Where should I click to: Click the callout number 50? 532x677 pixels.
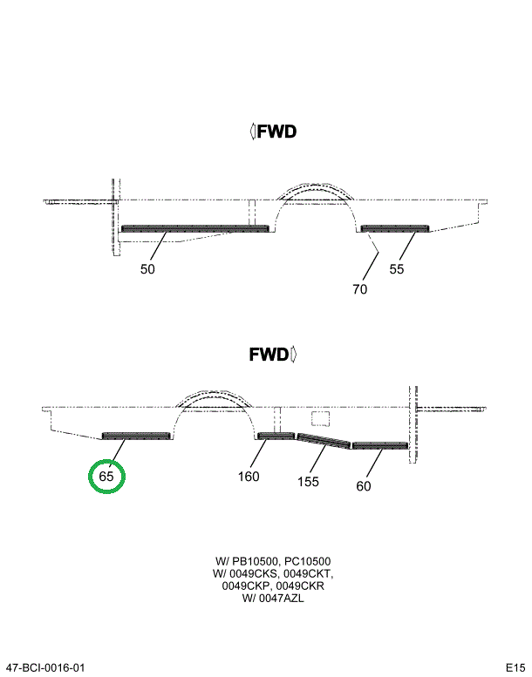148,269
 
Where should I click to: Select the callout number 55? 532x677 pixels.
397,269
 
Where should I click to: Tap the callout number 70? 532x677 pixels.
360,289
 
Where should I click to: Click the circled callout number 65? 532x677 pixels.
106,477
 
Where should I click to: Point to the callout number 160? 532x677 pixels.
249,477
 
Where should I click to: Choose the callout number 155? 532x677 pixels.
308,481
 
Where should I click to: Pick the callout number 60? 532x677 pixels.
364,486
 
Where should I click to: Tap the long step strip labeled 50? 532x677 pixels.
194,229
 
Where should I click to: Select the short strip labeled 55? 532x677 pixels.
395,229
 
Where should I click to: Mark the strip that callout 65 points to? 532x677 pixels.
136,436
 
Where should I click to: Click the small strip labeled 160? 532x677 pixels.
276,437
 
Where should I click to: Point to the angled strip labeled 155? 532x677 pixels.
324,440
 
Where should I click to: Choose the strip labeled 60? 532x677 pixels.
379,446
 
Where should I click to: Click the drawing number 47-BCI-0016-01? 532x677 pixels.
45,667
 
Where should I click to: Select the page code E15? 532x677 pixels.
514,667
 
